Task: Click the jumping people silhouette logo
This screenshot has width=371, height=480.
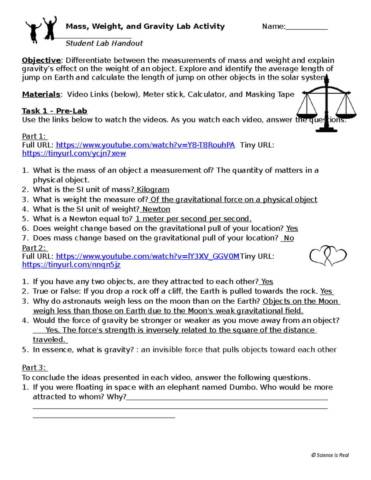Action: (x=41, y=29)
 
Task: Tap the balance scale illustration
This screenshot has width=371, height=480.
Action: (x=326, y=105)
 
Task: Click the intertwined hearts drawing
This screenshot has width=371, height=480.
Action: (x=328, y=256)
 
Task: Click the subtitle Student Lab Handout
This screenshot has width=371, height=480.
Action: (x=104, y=43)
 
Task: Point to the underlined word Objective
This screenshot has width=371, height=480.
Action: (x=41, y=60)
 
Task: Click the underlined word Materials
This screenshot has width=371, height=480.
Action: (x=41, y=94)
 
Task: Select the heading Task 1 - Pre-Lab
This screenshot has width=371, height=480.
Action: (x=54, y=111)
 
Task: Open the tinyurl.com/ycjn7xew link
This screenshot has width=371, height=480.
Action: (x=74, y=153)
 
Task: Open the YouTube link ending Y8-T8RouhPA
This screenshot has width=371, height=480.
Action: (x=145, y=145)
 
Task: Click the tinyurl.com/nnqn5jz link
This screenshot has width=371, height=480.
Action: (x=71, y=265)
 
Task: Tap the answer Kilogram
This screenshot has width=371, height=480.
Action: (x=153, y=189)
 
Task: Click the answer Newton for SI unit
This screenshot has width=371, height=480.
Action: (x=156, y=209)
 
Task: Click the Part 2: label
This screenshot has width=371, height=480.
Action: (x=34, y=248)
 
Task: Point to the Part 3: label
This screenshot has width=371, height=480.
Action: (x=34, y=367)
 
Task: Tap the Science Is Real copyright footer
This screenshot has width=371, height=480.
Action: (x=330, y=455)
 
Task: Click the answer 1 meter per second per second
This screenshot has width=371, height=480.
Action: (x=193, y=219)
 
